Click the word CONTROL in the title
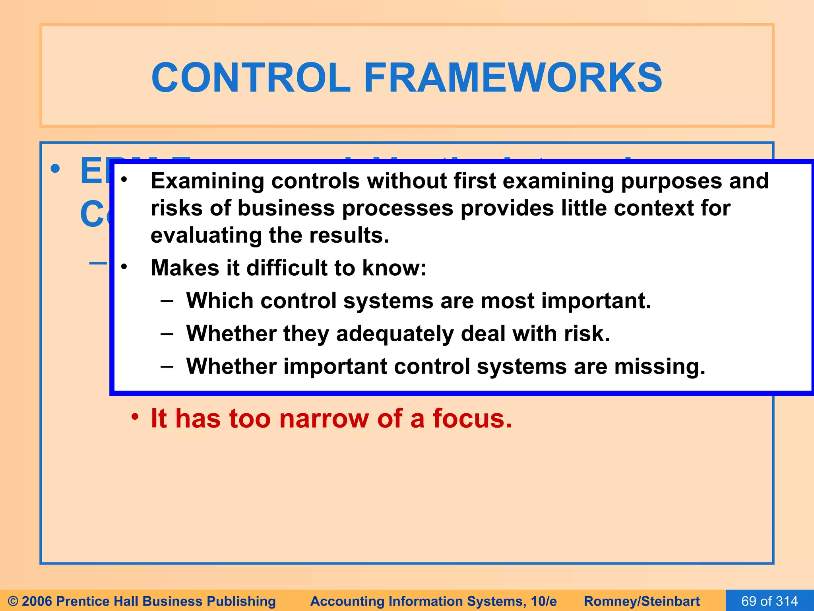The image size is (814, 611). (x=250, y=78)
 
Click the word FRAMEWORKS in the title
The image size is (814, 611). (x=513, y=78)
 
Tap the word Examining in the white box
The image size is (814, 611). (x=207, y=181)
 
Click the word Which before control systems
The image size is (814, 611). (x=220, y=301)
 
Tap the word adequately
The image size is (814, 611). (x=395, y=334)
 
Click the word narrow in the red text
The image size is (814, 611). (x=324, y=419)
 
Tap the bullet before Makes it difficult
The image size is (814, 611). (x=124, y=267)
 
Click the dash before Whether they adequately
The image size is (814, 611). (x=167, y=333)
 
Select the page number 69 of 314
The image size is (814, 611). (x=769, y=601)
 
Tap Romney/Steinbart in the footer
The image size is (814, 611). (x=642, y=601)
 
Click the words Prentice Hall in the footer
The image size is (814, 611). (x=97, y=601)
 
